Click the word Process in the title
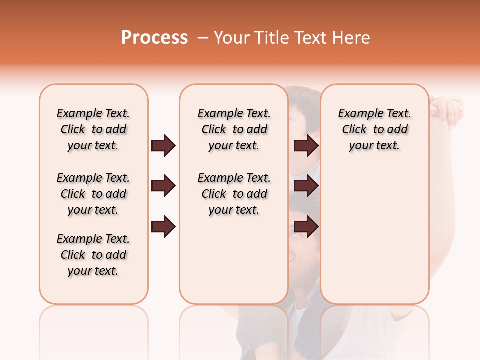pyautogui.click(x=154, y=38)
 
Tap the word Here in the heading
pyautogui.click(x=351, y=38)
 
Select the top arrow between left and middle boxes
pyautogui.click(x=163, y=146)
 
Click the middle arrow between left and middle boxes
pyautogui.click(x=163, y=186)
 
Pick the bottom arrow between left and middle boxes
pyautogui.click(x=163, y=227)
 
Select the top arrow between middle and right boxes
pyautogui.click(x=306, y=146)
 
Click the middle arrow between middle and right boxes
pyautogui.click(x=306, y=186)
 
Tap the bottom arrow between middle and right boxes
pyautogui.click(x=306, y=227)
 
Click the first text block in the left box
pyautogui.click(x=93, y=129)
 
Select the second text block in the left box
pyautogui.click(x=93, y=194)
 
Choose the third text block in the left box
pyautogui.click(x=93, y=255)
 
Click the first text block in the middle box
pyautogui.click(x=234, y=129)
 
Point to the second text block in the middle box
pyautogui.click(x=234, y=194)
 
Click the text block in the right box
pyautogui.click(x=374, y=129)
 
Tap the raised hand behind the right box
pyautogui.click(x=447, y=111)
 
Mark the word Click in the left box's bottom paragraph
pyautogui.click(x=73, y=255)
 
